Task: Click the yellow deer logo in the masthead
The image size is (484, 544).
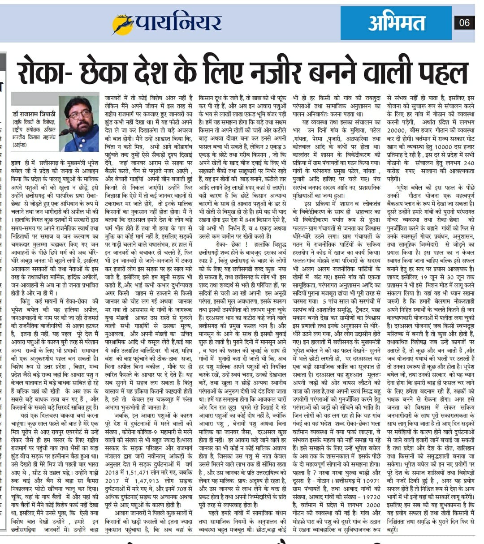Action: click(x=122, y=23)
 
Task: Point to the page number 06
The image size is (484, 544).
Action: click(x=464, y=22)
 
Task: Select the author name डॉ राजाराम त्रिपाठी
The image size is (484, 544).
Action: click(x=34, y=115)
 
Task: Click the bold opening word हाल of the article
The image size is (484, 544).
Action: click(x=17, y=164)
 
